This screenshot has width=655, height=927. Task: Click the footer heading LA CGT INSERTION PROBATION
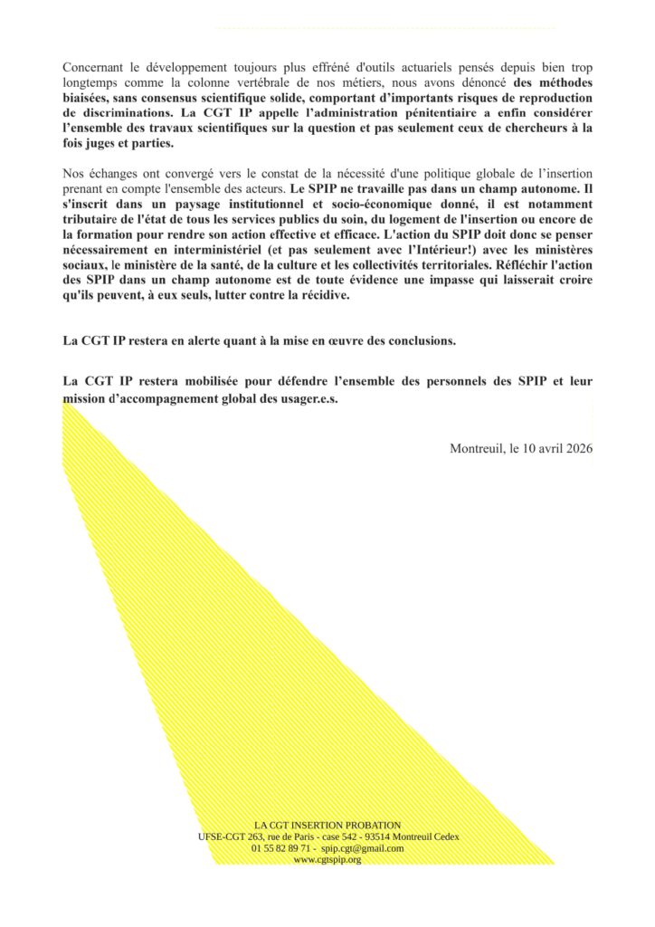tap(327, 825)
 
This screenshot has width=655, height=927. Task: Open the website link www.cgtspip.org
tap(327, 860)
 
